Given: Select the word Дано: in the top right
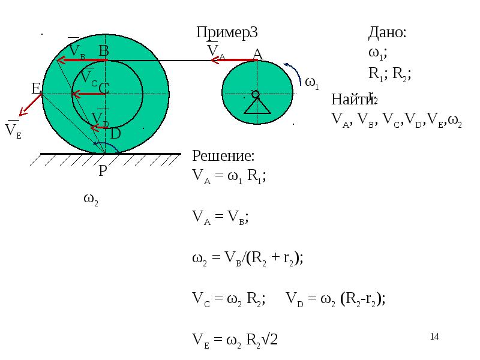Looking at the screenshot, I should pyautogui.click(x=387, y=33).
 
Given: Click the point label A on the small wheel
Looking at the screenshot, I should pyautogui.click(x=257, y=54).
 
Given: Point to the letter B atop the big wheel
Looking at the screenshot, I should pyautogui.click(x=104, y=52).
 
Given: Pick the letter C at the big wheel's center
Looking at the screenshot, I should pyautogui.click(x=103, y=89).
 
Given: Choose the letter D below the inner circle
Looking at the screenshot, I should pyautogui.click(x=115, y=134).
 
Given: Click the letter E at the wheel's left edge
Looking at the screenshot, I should pyautogui.click(x=35, y=89).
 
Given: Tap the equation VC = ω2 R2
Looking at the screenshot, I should pyautogui.click(x=229, y=299).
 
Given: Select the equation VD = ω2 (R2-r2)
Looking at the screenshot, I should pyautogui.click(x=335, y=299).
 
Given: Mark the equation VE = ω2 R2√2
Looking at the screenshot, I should pyautogui.click(x=235, y=340).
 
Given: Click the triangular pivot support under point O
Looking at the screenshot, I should pyautogui.click(x=256, y=106).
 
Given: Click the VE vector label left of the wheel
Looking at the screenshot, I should pyautogui.click(x=13, y=131).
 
